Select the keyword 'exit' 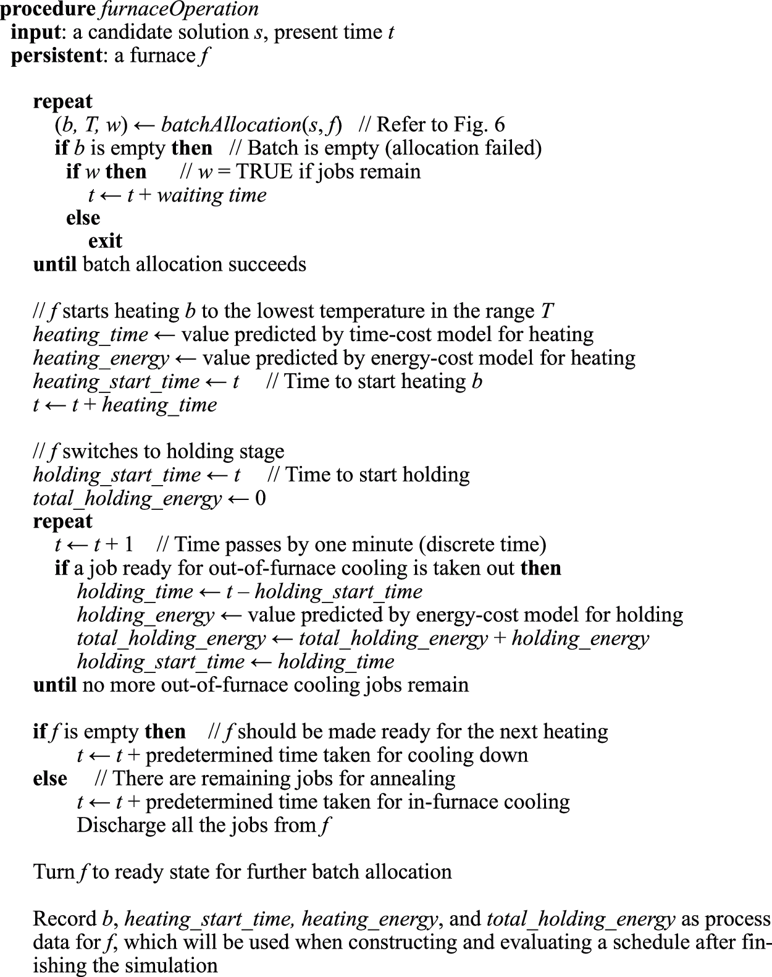pyautogui.click(x=105, y=241)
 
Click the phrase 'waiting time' pyautogui.click(x=212, y=195)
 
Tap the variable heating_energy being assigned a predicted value pyautogui.click(x=101, y=358)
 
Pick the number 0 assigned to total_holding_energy pyautogui.click(x=260, y=498)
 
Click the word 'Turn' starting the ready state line pyautogui.click(x=54, y=872)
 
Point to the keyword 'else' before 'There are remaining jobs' pyautogui.click(x=50, y=779)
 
